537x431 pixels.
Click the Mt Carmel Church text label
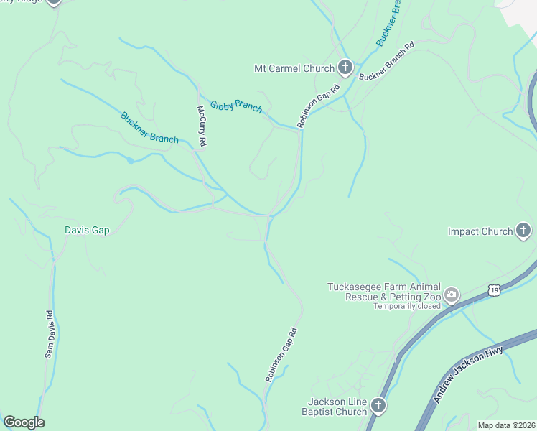pyautogui.click(x=294, y=69)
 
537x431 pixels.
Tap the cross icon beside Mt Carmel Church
pyautogui.click(x=345, y=68)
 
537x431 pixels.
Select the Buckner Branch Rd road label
pyautogui.click(x=387, y=62)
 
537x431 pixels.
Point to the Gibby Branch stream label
pyautogui.click(x=236, y=107)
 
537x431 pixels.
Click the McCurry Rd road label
pyautogui.click(x=202, y=127)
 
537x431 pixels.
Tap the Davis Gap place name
pyautogui.click(x=86, y=231)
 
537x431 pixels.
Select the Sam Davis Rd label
pyautogui.click(x=49, y=334)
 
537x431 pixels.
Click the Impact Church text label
pyautogui.click(x=480, y=231)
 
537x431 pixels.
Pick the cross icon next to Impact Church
pyautogui.click(x=524, y=231)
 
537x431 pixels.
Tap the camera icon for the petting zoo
pyautogui.click(x=452, y=295)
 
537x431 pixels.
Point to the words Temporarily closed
pyautogui.click(x=406, y=306)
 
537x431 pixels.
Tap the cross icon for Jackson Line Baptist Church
pyautogui.click(x=378, y=407)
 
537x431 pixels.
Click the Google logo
pyautogui.click(x=24, y=422)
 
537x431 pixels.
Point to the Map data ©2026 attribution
pyautogui.click(x=506, y=425)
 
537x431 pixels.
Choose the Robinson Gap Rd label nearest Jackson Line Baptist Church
pyautogui.click(x=281, y=355)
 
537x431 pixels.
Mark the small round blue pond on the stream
pyautogui.click(x=130, y=160)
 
